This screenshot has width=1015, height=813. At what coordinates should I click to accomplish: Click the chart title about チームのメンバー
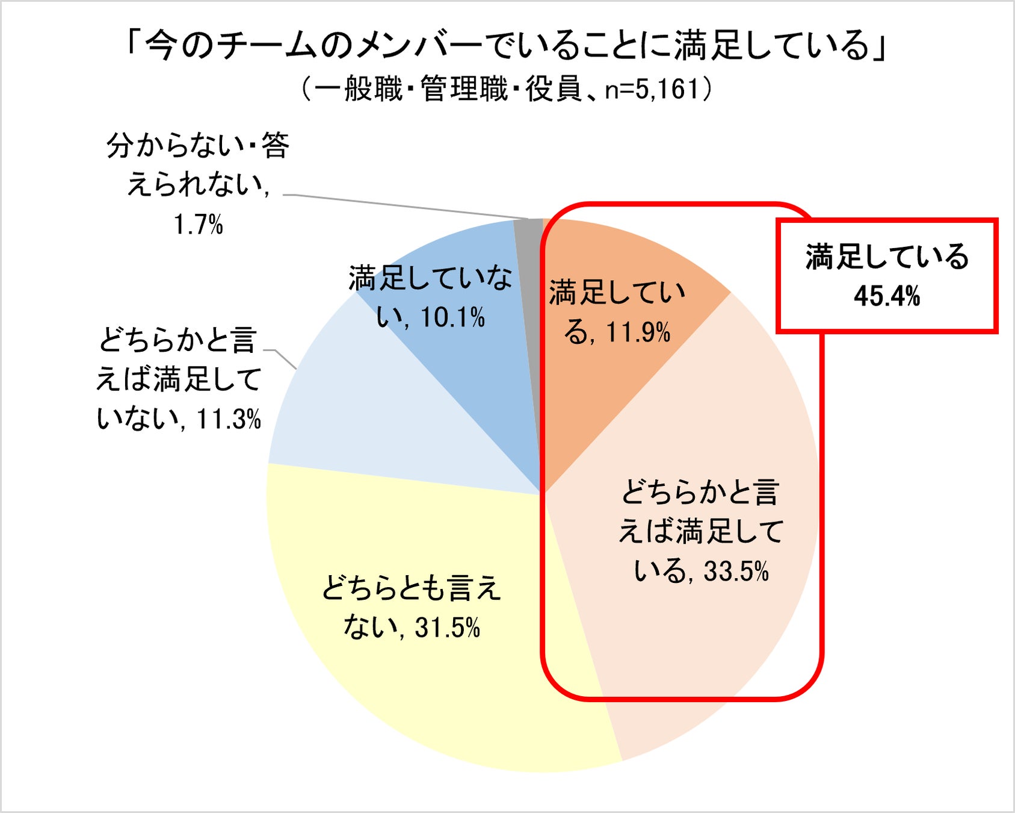tap(507, 46)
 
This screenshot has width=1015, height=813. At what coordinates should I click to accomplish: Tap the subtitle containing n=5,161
tap(507, 89)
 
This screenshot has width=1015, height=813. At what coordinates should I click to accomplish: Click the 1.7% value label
tap(199, 225)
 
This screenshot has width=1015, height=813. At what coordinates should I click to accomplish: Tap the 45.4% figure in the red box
tap(887, 296)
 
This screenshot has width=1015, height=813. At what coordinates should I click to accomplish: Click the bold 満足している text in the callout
tap(887, 257)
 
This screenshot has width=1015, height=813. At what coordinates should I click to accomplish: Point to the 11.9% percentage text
tap(638, 332)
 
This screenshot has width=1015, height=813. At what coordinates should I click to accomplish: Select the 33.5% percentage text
tap(736, 571)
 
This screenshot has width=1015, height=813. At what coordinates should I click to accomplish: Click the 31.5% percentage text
tap(448, 628)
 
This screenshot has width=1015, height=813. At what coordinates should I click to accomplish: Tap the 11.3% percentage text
tap(229, 419)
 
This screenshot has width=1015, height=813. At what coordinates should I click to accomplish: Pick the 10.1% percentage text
tap(453, 317)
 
